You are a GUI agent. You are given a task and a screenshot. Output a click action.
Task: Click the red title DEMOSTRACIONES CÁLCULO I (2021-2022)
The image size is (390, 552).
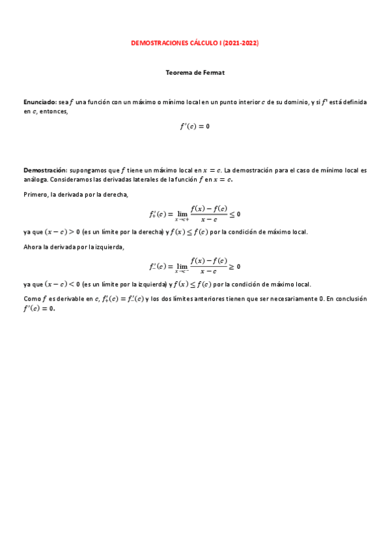tap(195, 43)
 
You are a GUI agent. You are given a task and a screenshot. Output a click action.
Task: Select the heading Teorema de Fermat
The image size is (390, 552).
tap(195, 73)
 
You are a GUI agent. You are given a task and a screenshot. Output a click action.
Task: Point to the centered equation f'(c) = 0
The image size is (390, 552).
tap(195, 126)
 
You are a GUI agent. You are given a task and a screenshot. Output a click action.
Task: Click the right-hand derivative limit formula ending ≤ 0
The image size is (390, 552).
tap(195, 214)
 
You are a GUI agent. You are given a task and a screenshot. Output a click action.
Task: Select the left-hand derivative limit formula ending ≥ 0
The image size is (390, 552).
tap(195, 266)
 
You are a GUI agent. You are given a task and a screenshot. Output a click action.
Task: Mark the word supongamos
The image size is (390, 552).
tap(89, 171)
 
